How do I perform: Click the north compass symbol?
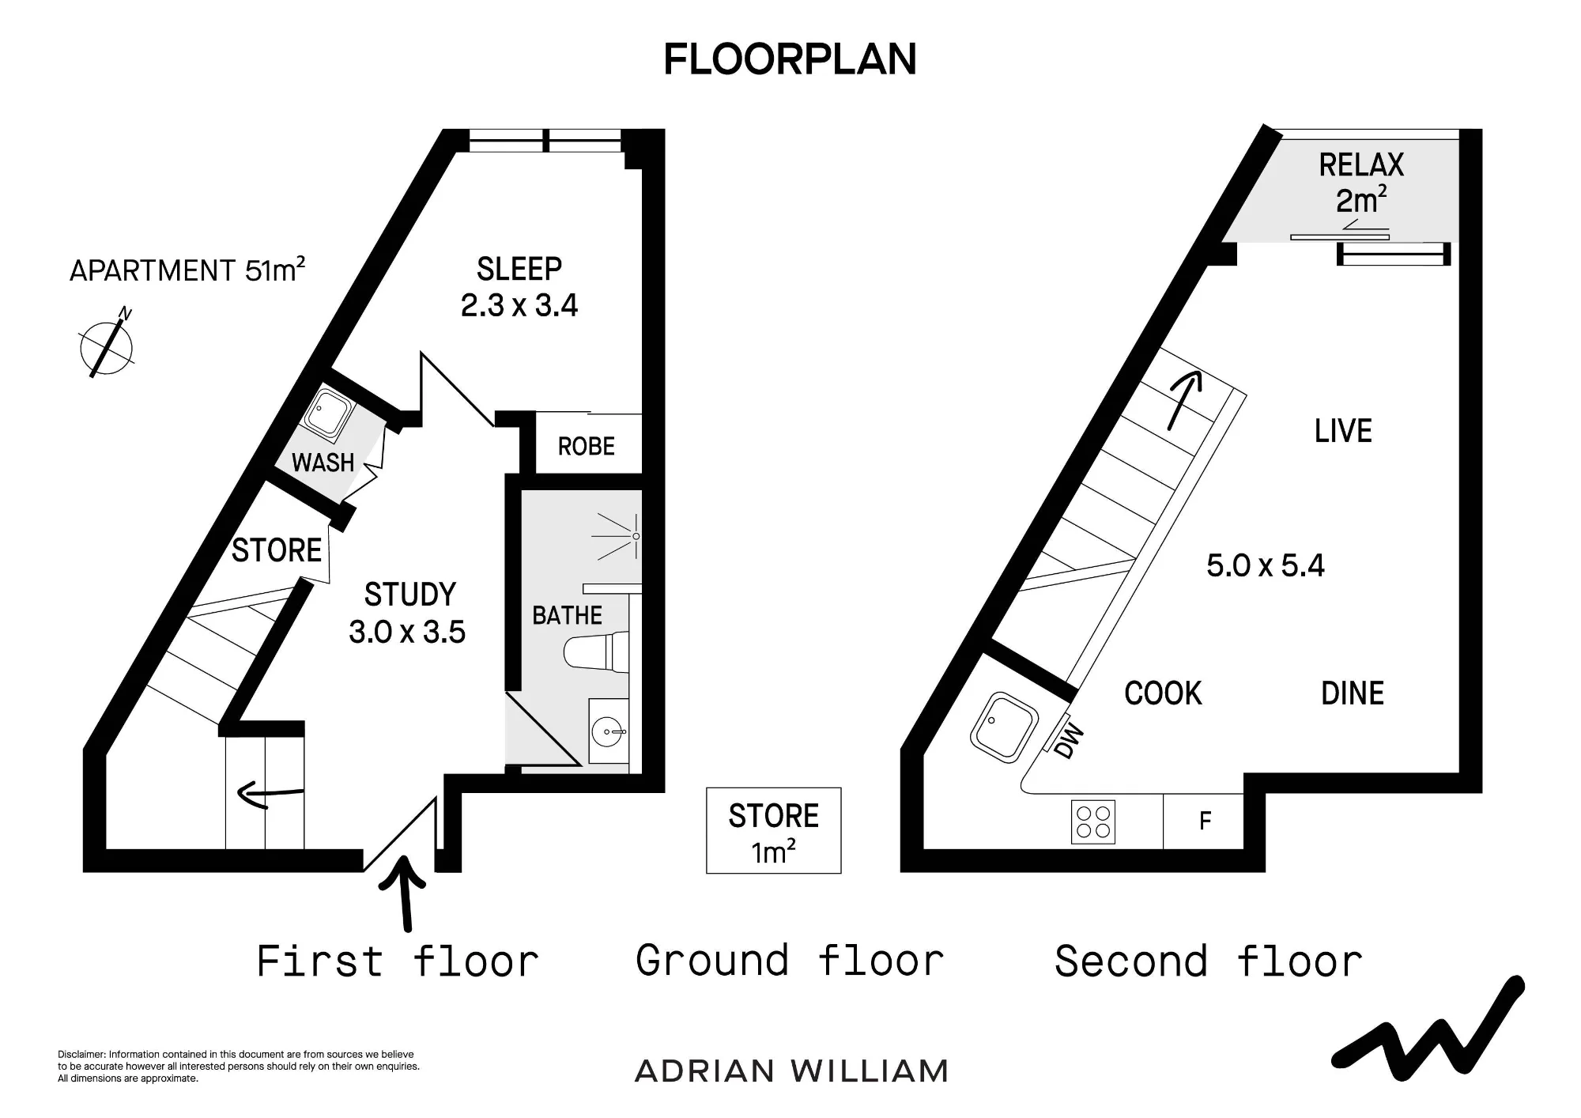(107, 346)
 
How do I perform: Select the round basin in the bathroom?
(609, 731)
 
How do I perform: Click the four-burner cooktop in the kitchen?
(1093, 822)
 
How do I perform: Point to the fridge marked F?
(1204, 822)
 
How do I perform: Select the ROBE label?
(587, 447)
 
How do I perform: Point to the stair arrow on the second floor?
(1183, 400)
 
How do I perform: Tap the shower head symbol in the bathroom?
(619, 536)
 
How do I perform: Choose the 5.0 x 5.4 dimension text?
(1266, 565)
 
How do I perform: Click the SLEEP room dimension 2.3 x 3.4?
(519, 305)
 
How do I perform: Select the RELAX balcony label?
(1361, 165)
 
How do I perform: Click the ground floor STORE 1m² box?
(774, 830)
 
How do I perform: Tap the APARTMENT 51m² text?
(187, 270)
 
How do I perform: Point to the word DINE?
(1353, 693)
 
